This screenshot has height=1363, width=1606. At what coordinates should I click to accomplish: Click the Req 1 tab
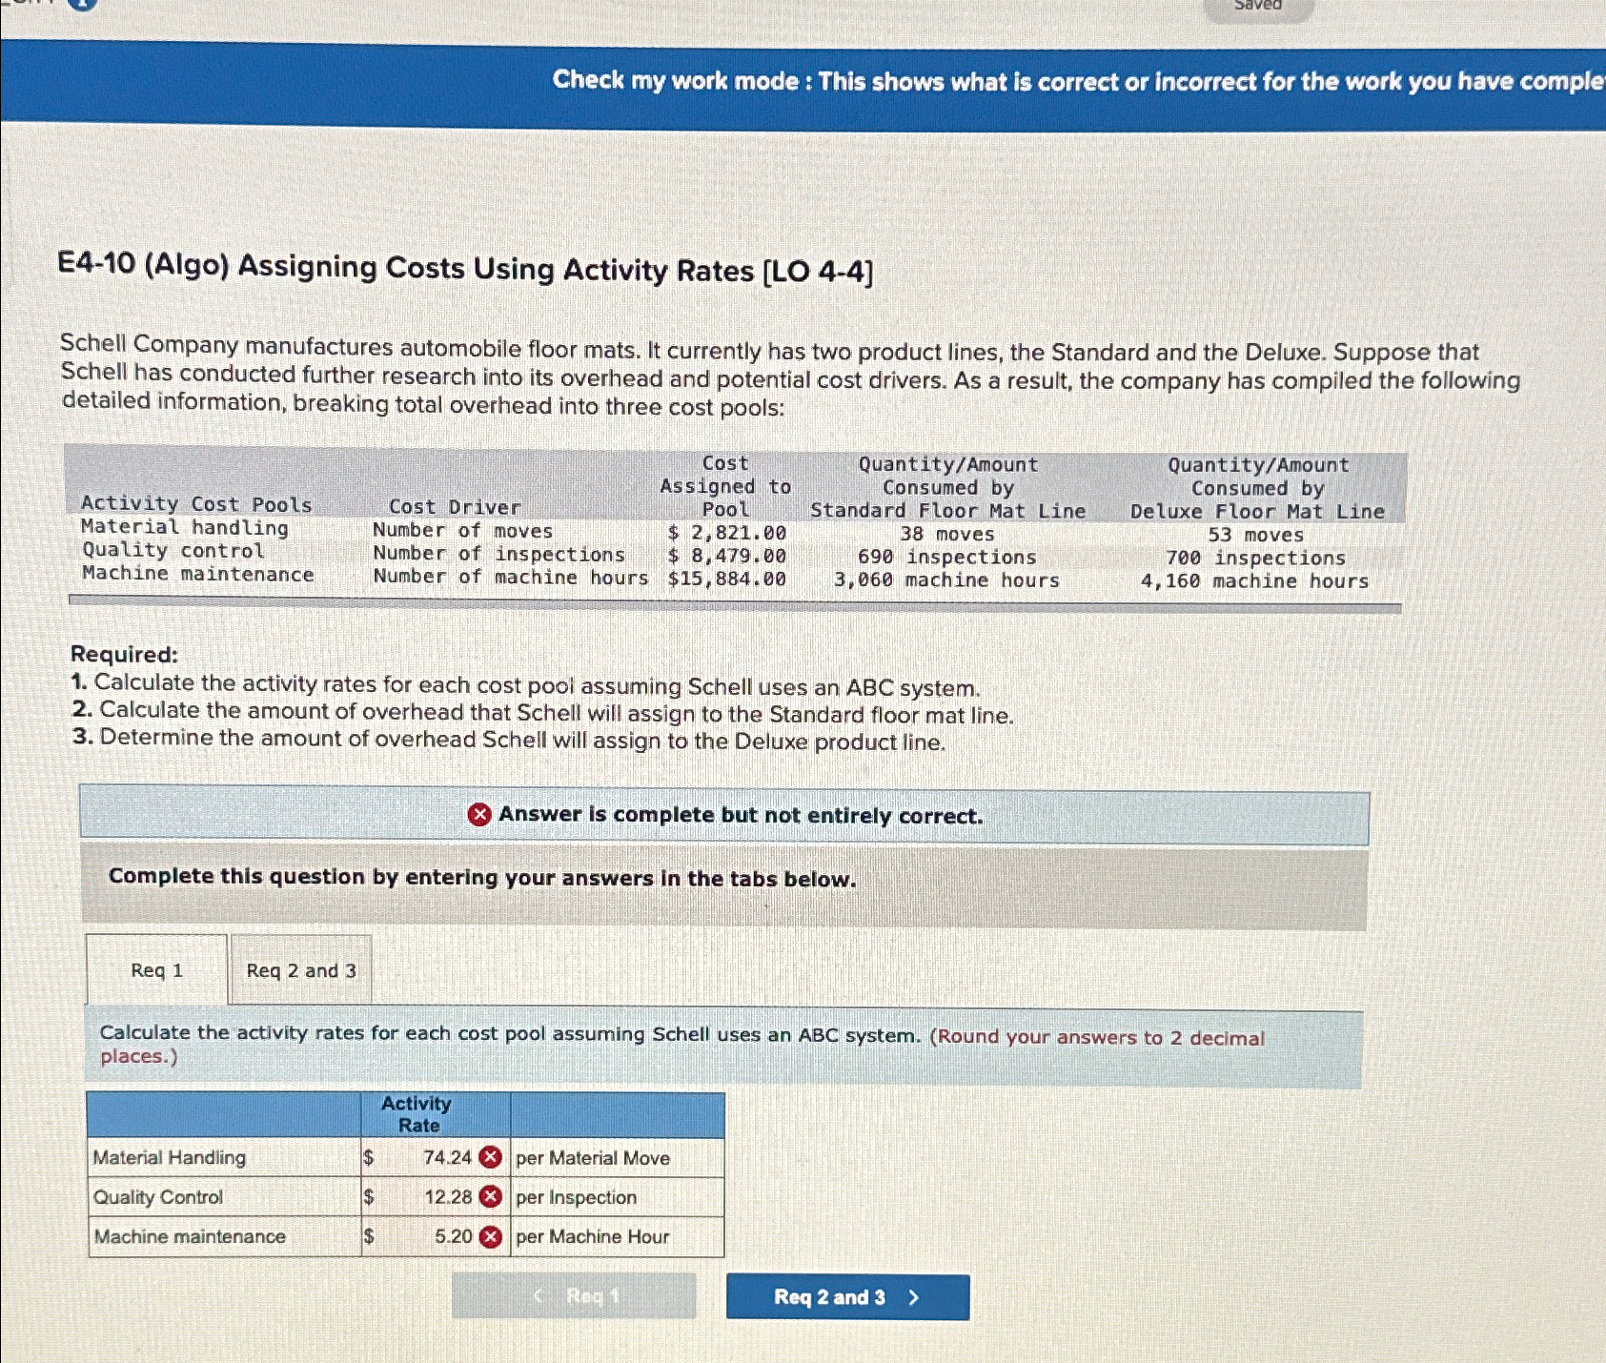157,970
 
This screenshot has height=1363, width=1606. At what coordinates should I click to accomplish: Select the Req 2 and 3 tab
301,970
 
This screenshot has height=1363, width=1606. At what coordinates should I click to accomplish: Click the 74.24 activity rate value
447,1157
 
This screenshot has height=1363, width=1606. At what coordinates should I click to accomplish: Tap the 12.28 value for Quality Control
448,1197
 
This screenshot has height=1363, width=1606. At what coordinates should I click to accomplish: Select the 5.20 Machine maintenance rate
454,1236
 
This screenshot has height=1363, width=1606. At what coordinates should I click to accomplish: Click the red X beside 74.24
490,1157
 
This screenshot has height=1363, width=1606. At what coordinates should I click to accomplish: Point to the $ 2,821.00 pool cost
727,533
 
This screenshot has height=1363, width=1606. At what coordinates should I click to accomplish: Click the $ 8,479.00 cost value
727,556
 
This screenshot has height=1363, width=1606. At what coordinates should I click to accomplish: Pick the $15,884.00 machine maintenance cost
727,579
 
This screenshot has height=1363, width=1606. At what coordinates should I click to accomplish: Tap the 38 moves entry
946,535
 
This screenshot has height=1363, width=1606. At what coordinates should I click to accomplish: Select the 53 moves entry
1255,536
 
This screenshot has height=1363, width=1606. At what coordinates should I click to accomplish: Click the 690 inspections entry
946,558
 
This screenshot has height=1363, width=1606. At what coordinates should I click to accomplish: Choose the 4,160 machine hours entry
1254,581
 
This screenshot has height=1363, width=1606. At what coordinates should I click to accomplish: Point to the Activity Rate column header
417,1114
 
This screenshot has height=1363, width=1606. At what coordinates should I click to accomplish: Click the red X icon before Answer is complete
479,815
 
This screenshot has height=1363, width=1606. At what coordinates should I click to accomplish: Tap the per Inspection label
576,1197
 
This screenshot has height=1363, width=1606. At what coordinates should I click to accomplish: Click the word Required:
124,655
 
